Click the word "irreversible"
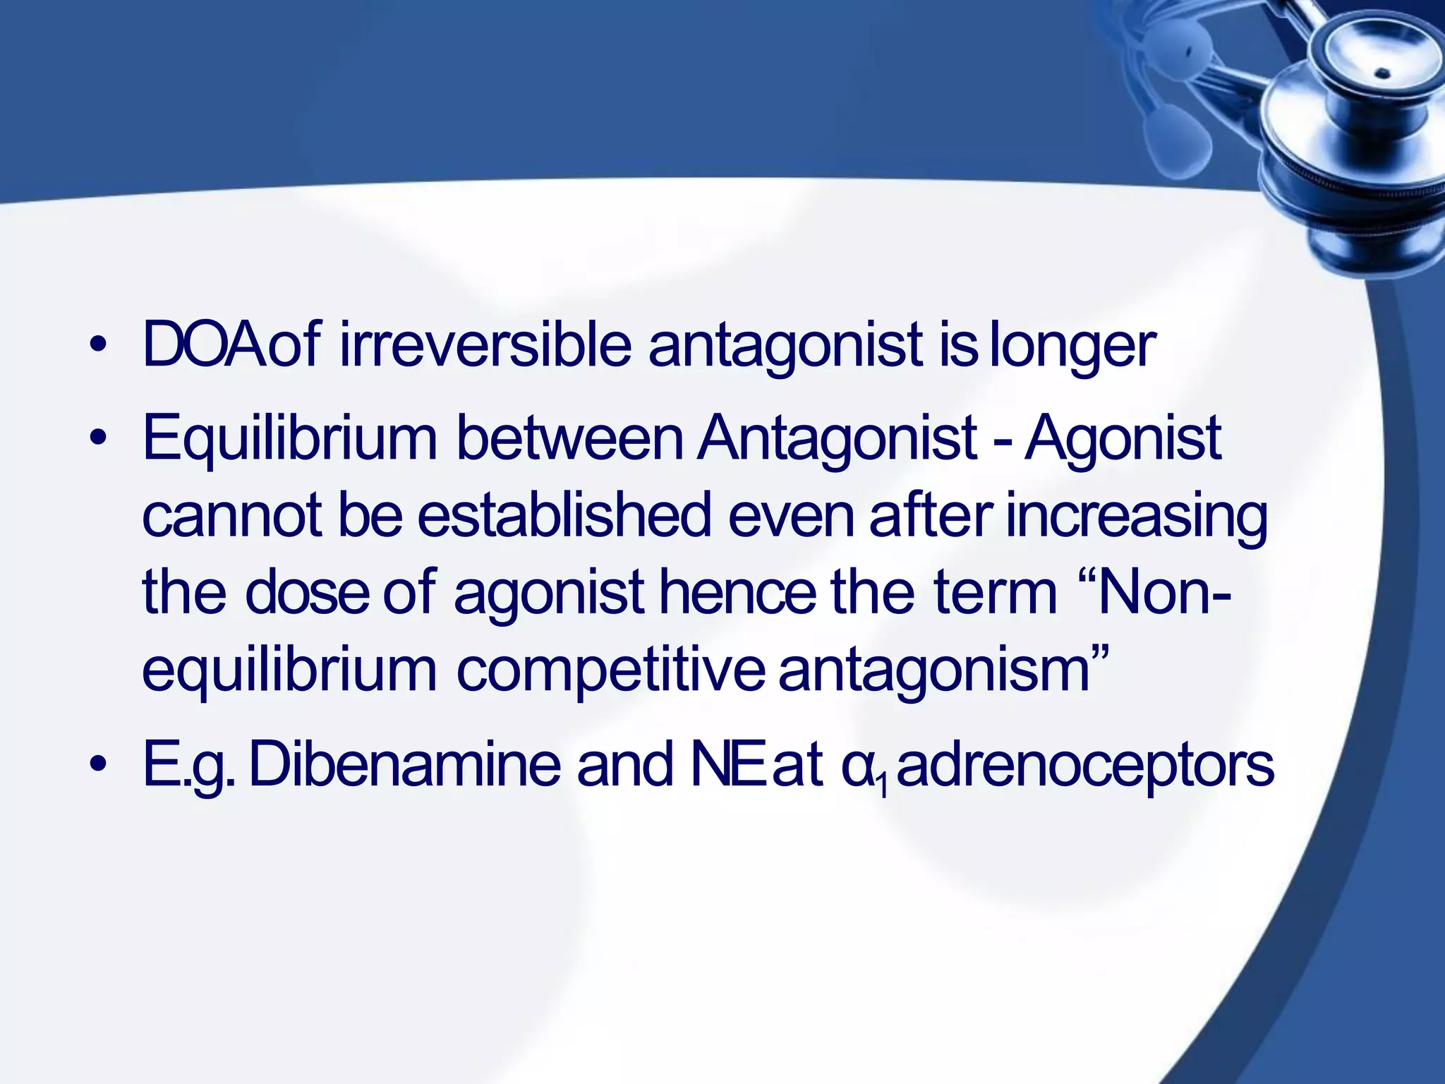coord(485,345)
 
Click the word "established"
coord(564,515)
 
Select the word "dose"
coord(307,592)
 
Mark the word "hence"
coord(737,592)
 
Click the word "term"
coord(995,592)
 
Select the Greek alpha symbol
coord(858,768)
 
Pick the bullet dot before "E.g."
coord(99,765)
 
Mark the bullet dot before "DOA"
coord(99,345)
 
